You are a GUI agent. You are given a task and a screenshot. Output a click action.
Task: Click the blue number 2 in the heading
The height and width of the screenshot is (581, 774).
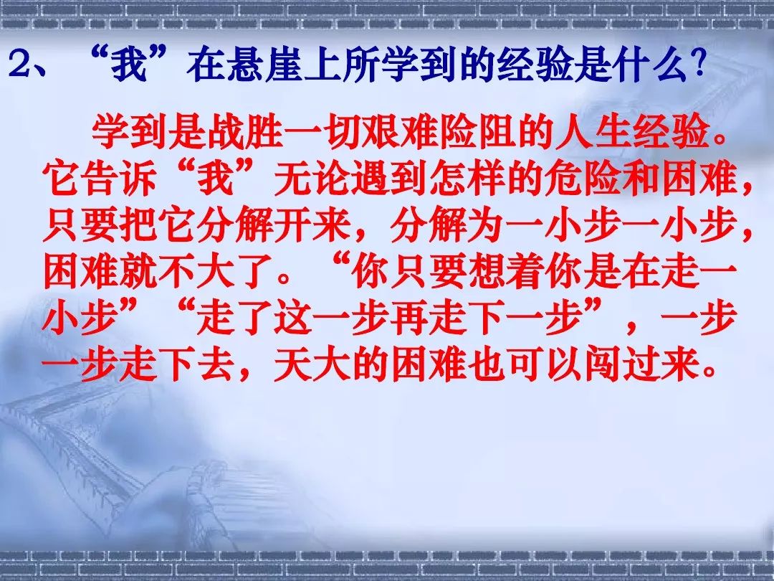click(x=20, y=65)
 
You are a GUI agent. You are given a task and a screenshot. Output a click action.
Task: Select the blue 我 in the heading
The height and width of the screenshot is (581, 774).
click(x=129, y=65)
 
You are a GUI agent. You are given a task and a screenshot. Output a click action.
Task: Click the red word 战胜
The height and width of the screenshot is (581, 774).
click(x=244, y=133)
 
